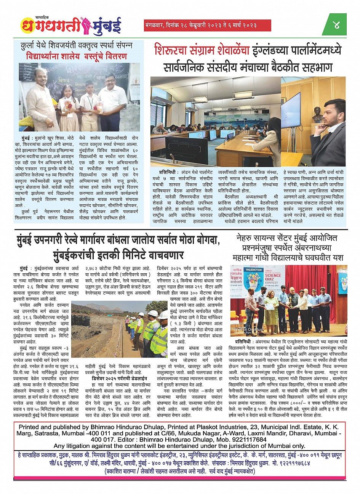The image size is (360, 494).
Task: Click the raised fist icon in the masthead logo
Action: [85, 25]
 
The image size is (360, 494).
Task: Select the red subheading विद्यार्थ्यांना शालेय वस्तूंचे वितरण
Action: [77, 56]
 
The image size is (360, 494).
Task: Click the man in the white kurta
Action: [42, 101]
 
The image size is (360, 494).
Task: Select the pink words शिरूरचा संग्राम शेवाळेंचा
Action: [202, 51]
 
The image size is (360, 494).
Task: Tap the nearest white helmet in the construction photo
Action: [152, 313]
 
